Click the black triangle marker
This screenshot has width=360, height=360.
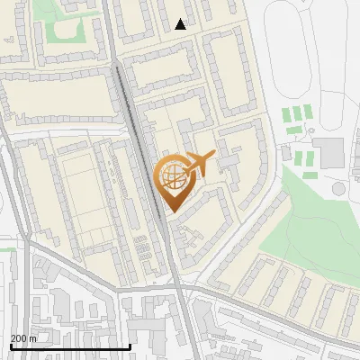[x=181, y=24]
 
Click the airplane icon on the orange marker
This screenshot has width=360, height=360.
[x=200, y=163]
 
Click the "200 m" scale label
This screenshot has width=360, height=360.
[x=23, y=337]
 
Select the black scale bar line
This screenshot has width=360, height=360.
[x=70, y=346]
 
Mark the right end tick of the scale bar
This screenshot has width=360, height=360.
[x=130, y=345]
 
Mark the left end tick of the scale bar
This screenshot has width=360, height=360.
[x=10, y=345]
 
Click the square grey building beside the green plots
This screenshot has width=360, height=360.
[x=329, y=153]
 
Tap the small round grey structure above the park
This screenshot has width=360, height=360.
[x=339, y=189]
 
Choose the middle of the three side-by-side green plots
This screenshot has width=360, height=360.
[x=298, y=114]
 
